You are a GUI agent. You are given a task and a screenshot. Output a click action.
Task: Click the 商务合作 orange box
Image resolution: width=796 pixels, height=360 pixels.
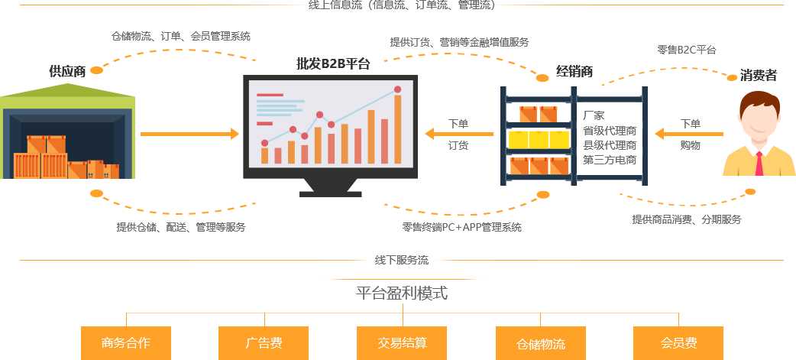tap(125, 343)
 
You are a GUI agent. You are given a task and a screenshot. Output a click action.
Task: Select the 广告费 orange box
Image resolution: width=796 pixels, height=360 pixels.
tap(264, 343)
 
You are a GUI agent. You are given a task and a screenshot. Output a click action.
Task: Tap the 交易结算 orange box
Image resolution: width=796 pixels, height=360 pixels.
tap(402, 343)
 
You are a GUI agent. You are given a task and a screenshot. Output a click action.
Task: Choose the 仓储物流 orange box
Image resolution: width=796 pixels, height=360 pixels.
tap(540, 344)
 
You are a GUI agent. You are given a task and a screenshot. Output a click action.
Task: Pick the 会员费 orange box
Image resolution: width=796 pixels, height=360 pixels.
tap(678, 343)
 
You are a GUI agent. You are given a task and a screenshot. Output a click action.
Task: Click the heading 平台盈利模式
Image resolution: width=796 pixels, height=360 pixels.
tap(402, 293)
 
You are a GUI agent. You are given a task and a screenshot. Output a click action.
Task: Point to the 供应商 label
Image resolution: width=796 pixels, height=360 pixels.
tap(67, 71)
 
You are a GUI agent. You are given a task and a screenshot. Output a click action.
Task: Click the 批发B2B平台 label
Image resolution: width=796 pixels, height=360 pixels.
tap(333, 63)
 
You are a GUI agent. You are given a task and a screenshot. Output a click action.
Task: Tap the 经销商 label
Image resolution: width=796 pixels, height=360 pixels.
tap(574, 73)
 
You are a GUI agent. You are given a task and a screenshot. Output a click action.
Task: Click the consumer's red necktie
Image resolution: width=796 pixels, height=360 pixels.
tap(759, 164)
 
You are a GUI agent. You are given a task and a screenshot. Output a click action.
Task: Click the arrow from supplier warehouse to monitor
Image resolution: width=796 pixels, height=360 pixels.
tap(189, 135)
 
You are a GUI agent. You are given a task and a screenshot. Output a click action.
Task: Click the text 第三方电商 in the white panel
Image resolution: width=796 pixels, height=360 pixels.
tap(610, 160)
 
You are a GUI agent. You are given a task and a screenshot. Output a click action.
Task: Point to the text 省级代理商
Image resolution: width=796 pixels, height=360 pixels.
tap(610, 131)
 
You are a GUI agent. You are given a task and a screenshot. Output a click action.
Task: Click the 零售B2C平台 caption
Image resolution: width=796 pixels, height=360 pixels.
tap(687, 50)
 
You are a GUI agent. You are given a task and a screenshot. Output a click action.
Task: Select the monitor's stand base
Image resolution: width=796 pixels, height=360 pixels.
tap(330, 193)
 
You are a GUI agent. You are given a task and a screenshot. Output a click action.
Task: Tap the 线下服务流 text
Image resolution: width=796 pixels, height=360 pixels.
tap(402, 260)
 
